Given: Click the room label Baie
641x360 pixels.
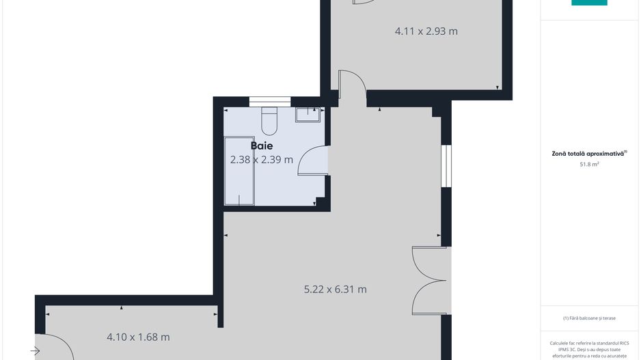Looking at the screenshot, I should tap(262, 146).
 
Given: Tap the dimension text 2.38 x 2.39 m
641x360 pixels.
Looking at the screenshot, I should tap(262, 160).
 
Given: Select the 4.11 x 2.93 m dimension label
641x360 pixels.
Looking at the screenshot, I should tap(426, 31).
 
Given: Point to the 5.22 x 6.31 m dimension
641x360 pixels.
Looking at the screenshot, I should tap(335, 289).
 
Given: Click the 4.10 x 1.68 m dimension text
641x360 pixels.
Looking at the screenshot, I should tap(138, 337).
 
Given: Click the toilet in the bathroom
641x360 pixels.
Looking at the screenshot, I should tap(269, 121).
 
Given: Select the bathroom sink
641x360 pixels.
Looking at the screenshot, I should tap(309, 114).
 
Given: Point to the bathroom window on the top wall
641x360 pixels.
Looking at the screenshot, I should tap(265, 102).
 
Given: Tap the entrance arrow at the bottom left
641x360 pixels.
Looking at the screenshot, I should tap(35, 351).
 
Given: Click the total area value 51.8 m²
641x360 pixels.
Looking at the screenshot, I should tap(589, 165).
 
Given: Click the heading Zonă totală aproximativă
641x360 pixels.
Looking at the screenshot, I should tap(589, 154).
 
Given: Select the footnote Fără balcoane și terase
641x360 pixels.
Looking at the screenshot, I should tap(589, 318).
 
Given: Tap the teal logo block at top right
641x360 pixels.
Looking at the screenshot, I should tap(589, 3).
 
